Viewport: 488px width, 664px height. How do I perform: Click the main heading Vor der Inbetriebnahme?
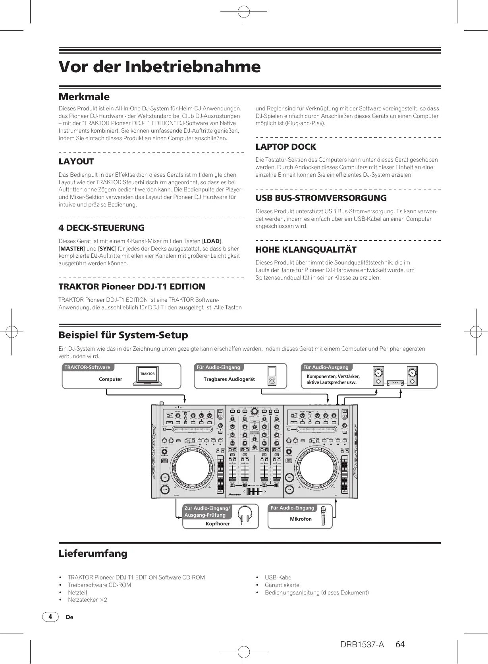pos(159,67)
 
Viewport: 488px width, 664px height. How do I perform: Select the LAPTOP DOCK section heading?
pos(285,147)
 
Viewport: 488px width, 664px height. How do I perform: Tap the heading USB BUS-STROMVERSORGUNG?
pos(321,198)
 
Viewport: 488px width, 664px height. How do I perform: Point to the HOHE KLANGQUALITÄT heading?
pos(306,250)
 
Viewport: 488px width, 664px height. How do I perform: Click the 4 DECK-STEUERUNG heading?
pos(101,228)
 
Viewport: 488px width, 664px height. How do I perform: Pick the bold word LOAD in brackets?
pos(211,241)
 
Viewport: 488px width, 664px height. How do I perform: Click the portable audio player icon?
pos(272,376)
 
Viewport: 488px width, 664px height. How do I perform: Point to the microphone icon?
pos(324,516)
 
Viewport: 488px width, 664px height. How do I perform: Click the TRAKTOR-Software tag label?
pos(87,367)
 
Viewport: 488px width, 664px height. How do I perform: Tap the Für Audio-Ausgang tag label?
pos(326,367)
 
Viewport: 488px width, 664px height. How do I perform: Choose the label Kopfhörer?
pos(218,524)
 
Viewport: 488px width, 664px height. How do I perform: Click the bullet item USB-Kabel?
pos(278,577)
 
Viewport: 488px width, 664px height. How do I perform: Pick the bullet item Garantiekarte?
pos(282,585)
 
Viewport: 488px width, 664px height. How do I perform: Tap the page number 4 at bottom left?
pos(50,617)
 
